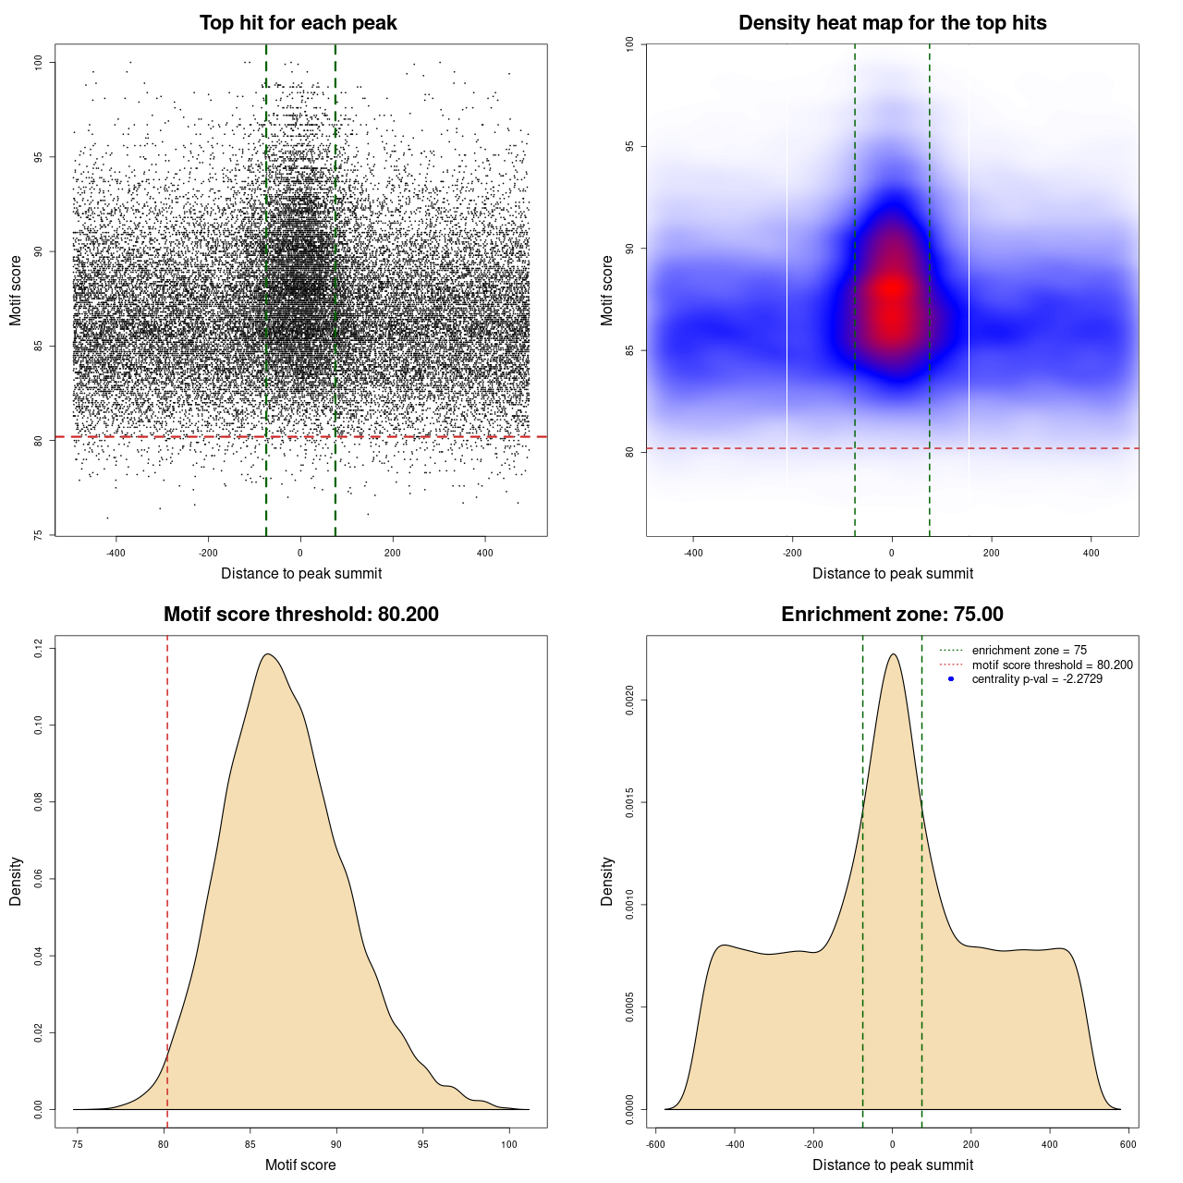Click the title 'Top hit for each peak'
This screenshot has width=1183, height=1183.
click(298, 23)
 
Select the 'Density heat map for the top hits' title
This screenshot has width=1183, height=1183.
click(892, 23)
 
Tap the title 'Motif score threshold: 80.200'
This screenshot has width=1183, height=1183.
click(300, 615)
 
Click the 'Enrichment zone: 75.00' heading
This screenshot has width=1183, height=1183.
click(892, 615)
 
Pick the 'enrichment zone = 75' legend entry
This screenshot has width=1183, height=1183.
click(1029, 651)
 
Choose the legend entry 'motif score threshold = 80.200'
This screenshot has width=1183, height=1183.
click(1052, 665)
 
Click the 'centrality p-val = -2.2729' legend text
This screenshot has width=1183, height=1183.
click(1037, 679)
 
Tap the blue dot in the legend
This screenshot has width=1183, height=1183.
click(951, 679)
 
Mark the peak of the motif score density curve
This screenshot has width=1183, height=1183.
click(268, 654)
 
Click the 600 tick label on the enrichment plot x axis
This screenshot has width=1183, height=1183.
click(1128, 1144)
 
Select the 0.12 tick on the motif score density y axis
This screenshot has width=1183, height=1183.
click(39, 649)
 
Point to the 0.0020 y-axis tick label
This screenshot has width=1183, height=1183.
click(630, 701)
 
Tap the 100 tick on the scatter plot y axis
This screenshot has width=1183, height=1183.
click(39, 62)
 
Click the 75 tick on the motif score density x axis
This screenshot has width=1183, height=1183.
click(78, 1144)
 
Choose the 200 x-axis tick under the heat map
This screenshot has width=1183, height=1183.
click(991, 553)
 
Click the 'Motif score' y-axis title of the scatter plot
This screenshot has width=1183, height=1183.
click(16, 290)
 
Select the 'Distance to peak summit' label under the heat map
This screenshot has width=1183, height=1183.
click(892, 574)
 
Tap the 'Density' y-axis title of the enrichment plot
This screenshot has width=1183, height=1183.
click(607, 881)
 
